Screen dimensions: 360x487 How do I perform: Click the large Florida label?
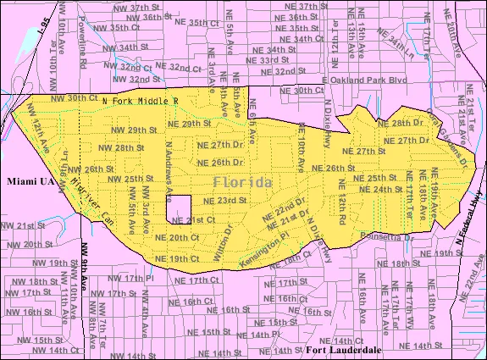tap(243, 183)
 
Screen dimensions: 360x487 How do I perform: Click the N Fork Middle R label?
tap(139, 100)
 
